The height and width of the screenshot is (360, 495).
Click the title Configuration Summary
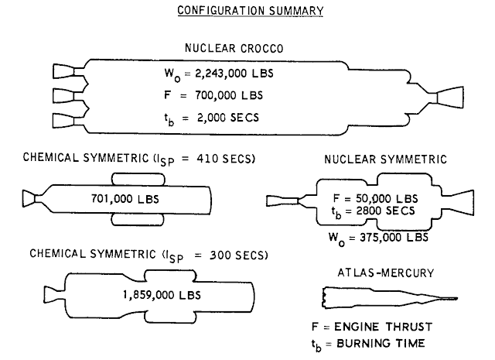(251, 10)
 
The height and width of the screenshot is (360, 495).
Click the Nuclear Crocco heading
(234, 48)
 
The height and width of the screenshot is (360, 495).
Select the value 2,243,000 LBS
(234, 74)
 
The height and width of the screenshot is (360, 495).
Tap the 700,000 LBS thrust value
(229, 95)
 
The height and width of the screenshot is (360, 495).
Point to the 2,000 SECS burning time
(228, 118)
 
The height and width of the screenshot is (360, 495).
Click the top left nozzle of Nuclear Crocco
(64, 71)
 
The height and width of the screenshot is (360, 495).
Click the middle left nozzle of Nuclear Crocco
(64, 95)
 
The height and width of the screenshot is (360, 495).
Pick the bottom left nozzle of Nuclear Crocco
(64, 121)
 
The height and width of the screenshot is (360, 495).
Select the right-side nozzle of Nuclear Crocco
(449, 98)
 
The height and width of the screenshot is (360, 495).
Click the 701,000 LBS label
(125, 199)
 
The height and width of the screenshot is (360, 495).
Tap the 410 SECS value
(224, 158)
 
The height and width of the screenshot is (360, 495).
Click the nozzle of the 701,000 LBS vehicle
(29, 199)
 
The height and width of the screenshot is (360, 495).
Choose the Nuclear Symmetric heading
(385, 159)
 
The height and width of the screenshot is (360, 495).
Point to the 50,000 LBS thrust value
(387, 198)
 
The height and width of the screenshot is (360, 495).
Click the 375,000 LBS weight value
(394, 237)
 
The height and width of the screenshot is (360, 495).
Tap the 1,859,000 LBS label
(162, 295)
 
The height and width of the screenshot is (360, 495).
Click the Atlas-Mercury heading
(386, 273)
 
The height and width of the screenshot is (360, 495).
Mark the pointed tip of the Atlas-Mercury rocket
(457, 298)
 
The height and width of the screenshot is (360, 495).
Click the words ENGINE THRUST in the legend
(384, 327)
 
